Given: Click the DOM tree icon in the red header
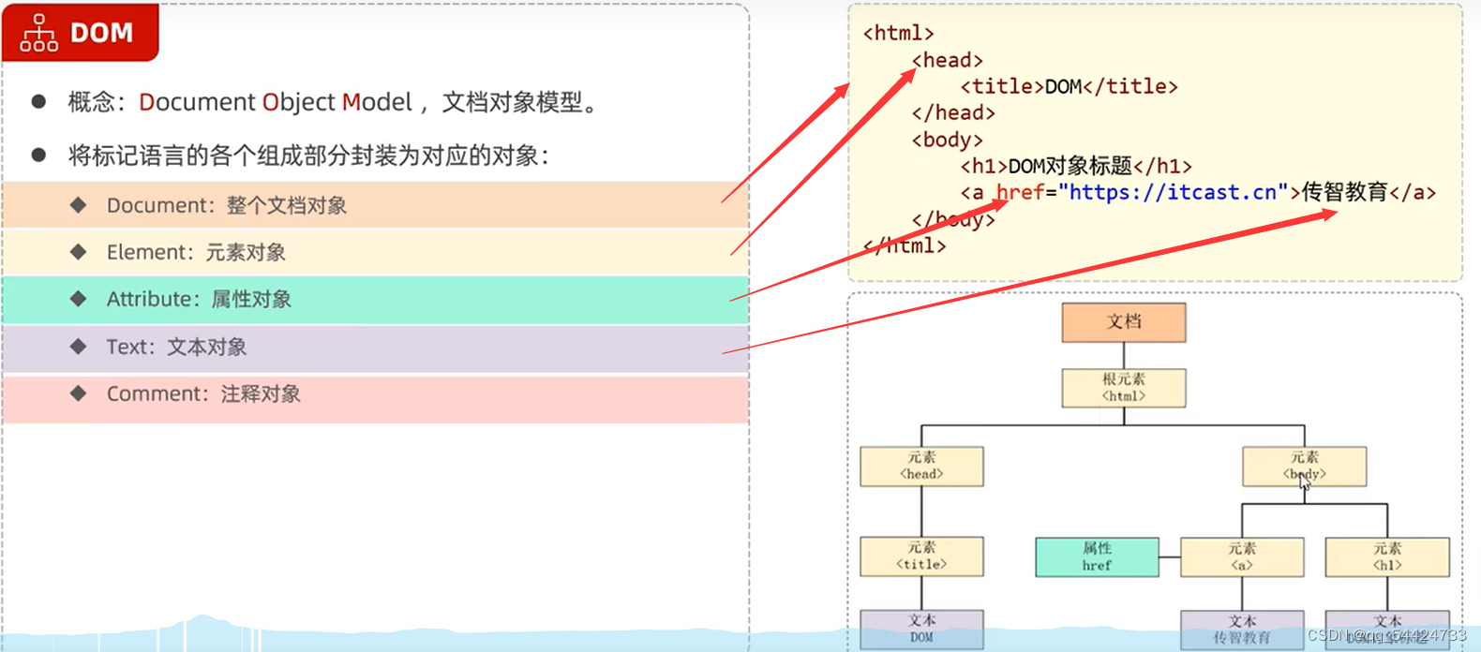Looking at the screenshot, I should click(x=39, y=33).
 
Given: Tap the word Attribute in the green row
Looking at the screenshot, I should click(x=150, y=299).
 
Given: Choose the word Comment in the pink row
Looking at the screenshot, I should click(x=154, y=393).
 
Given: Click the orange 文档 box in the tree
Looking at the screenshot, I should click(x=1123, y=322).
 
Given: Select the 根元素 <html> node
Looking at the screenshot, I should click(x=1123, y=387).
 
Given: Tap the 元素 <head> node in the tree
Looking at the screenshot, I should click(x=921, y=466).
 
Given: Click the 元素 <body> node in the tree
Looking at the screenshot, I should click(x=1304, y=466).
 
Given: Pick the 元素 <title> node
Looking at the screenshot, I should click(x=921, y=556).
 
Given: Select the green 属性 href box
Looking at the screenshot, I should click(x=1097, y=556).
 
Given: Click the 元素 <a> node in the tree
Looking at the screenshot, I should click(x=1242, y=556).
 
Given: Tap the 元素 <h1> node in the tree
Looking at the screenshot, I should click(x=1387, y=556).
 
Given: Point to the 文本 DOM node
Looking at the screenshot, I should click(x=921, y=629).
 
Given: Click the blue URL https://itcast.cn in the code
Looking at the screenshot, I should click(x=1173, y=192).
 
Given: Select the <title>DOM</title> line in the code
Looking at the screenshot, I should click(x=1069, y=86).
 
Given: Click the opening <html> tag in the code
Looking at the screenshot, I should click(x=898, y=33).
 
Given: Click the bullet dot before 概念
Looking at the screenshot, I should click(x=38, y=101).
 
